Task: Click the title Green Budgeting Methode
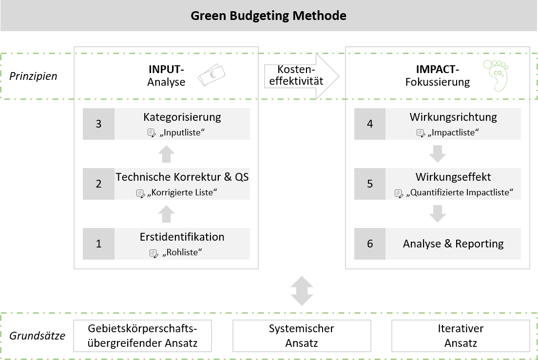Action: click(x=269, y=16)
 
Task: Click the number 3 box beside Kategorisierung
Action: click(x=98, y=124)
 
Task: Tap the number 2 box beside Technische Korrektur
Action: click(x=98, y=184)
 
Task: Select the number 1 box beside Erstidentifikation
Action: click(x=98, y=244)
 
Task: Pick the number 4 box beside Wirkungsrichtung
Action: click(x=370, y=124)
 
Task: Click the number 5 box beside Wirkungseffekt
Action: click(x=370, y=184)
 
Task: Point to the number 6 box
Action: click(x=370, y=244)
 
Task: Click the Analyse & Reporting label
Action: click(x=453, y=244)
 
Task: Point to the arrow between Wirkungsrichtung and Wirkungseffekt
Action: click(x=438, y=154)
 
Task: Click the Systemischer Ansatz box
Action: click(x=301, y=336)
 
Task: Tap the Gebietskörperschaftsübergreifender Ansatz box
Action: click(x=142, y=336)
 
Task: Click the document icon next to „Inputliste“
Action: click(x=152, y=132)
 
